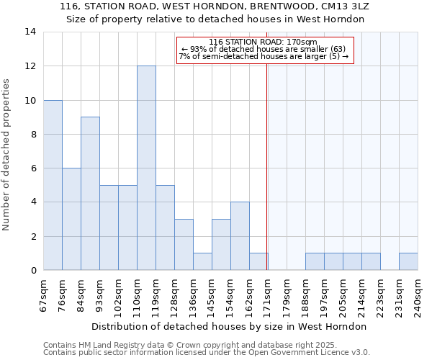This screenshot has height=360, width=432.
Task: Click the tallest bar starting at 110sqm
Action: pos(146,168)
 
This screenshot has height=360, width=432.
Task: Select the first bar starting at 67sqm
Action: pos(53,185)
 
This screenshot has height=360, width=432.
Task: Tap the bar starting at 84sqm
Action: pos(90,194)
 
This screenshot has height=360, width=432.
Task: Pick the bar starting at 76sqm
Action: pos(71,219)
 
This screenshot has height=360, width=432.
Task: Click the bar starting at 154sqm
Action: pos(240,236)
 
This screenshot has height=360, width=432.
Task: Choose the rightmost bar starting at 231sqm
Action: pos(408,261)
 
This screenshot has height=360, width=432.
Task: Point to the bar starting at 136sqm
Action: pos(202,261)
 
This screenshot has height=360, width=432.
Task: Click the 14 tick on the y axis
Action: pos(30,32)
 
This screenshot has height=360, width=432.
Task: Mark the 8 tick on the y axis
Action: pos(33,134)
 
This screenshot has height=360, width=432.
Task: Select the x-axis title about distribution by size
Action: pos(230,326)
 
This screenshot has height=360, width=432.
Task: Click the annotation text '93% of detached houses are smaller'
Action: pos(264,49)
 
